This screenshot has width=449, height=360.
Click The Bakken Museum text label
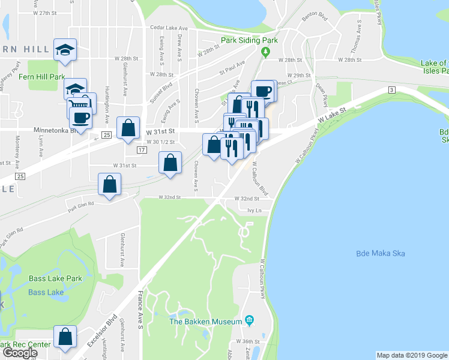point(205,322)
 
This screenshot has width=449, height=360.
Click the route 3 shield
point(392,89)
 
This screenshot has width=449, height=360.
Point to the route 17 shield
point(142,149)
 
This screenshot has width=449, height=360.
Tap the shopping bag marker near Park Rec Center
point(65,338)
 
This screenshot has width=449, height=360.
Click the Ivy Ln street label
point(255,211)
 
